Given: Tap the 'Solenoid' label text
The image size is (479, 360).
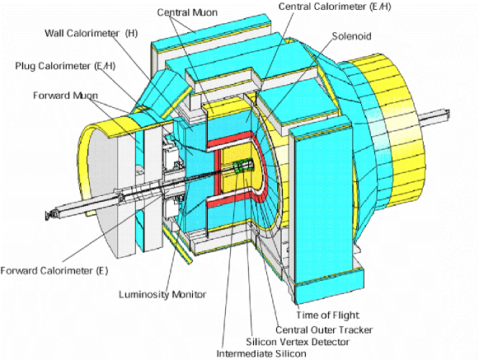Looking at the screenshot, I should (354, 36).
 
